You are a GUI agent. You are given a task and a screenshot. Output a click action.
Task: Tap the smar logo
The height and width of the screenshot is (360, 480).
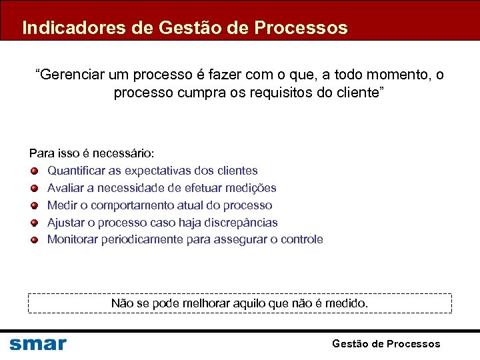pos(38,343)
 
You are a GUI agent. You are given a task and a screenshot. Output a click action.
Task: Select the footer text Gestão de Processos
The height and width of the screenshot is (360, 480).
pos(386,343)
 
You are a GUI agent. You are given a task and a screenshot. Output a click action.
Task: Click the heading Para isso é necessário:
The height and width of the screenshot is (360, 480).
pos(92,153)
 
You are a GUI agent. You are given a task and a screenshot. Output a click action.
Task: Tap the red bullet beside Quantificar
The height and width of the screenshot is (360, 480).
pos(34,171)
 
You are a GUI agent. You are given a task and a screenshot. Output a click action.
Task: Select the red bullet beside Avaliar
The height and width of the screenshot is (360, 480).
pos(34,188)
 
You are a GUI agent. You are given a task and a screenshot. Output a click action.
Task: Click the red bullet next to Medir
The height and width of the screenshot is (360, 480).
pos(34,205)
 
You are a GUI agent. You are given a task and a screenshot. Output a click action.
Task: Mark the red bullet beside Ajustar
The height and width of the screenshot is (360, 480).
pos(34,223)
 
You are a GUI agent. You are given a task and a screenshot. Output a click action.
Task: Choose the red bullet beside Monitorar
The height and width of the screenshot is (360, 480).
pos(34,239)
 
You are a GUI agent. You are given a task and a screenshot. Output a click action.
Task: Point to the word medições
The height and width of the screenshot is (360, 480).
pos(251,188)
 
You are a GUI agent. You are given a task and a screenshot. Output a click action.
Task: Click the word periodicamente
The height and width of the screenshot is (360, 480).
pos(142,239)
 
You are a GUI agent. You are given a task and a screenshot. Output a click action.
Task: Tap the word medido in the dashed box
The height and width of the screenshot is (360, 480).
pos(345,303)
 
